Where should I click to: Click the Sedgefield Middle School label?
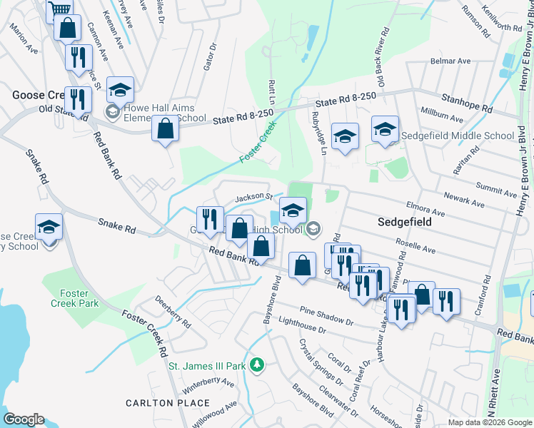457,136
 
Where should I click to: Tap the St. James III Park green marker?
258,366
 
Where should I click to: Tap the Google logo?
24,419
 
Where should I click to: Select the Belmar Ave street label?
450,61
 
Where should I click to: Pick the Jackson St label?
255,196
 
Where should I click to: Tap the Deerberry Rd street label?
173,312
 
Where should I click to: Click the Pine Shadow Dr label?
326,317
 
